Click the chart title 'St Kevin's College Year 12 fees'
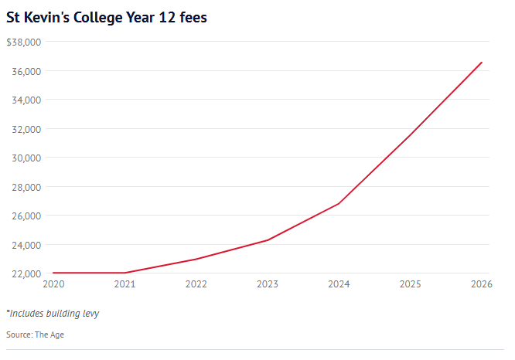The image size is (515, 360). click(x=107, y=18)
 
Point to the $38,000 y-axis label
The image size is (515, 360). click(x=23, y=42)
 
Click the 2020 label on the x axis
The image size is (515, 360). click(x=53, y=284)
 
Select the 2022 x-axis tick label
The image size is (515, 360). click(x=196, y=284)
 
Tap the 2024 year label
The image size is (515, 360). click(x=339, y=284)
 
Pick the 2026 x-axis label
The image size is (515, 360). click(x=481, y=284)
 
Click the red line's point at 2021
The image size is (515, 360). click(x=125, y=273)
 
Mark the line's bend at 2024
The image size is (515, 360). click(x=339, y=204)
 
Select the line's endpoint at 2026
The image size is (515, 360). click(x=482, y=63)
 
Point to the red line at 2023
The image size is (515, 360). click(x=268, y=240)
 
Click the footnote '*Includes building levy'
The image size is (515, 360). click(x=53, y=314)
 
